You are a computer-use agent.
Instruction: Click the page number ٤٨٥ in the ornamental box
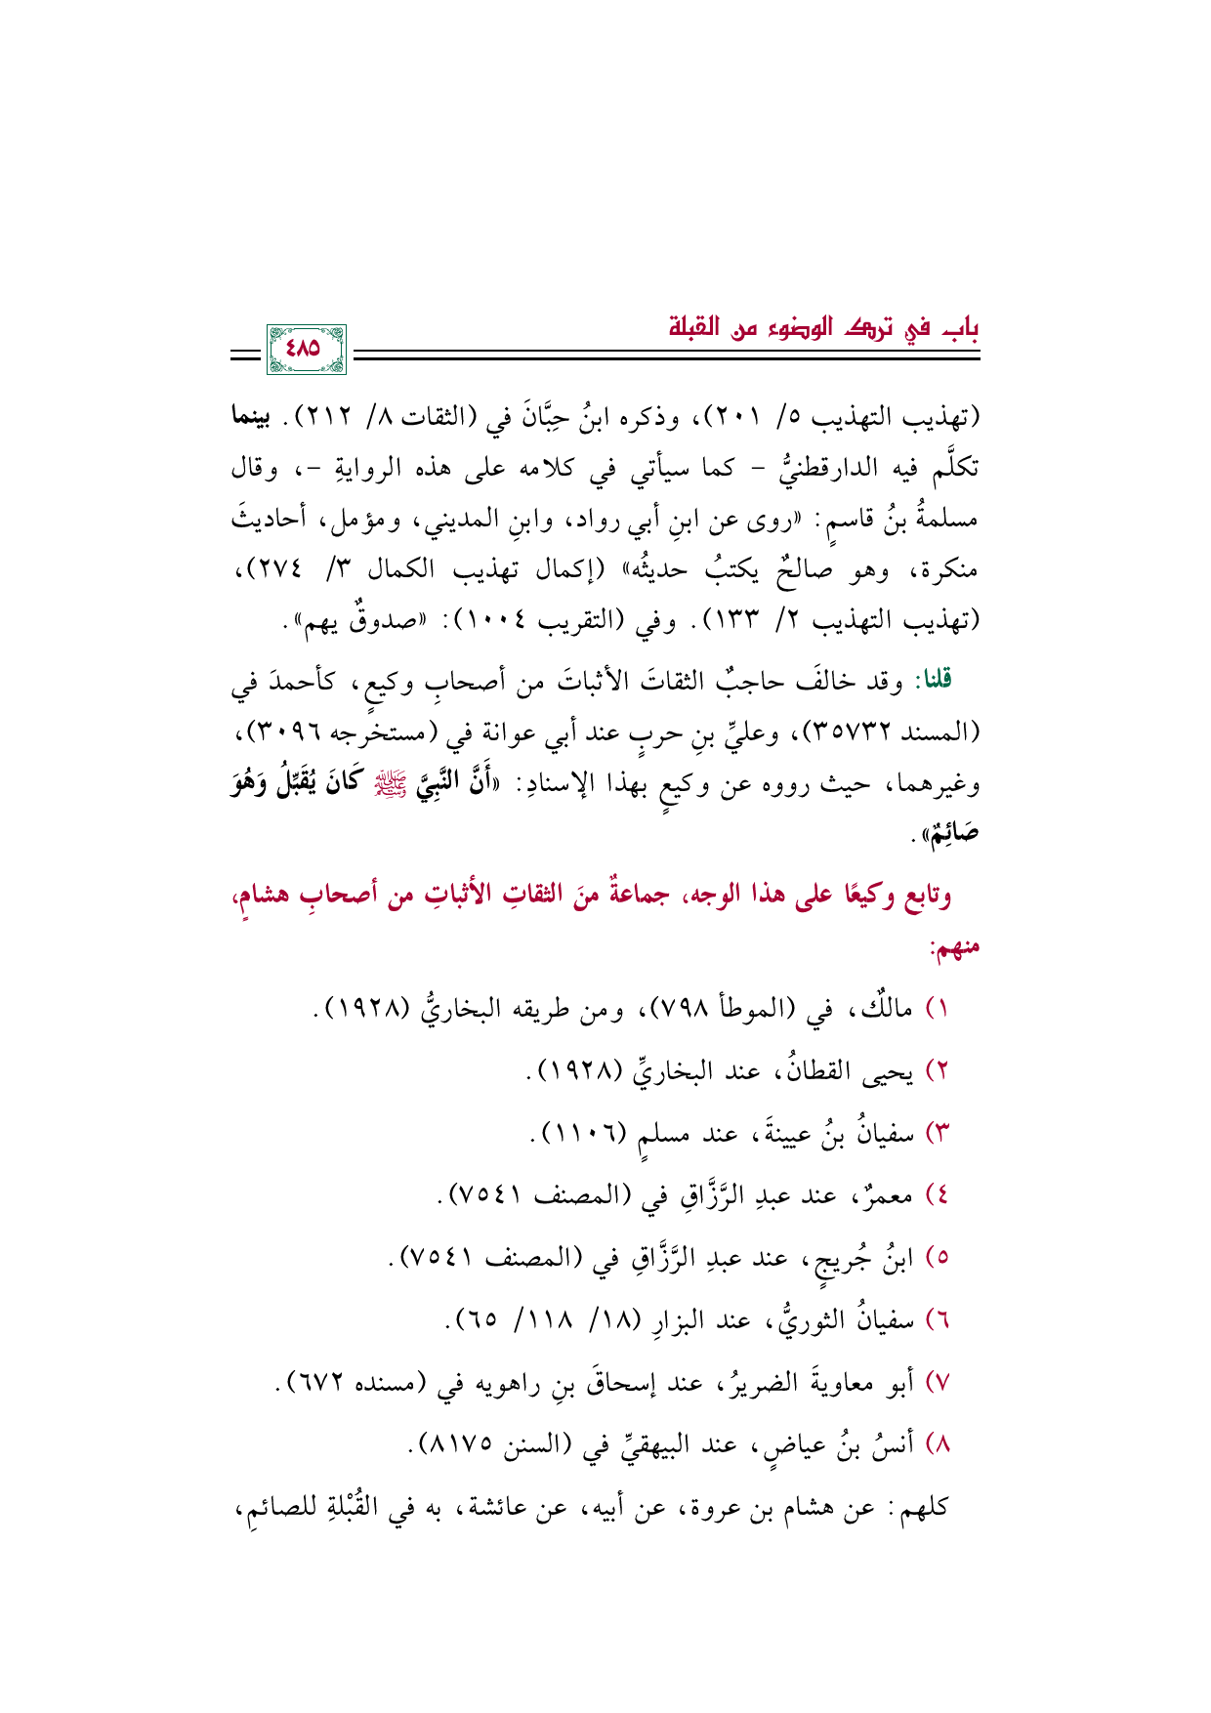coord(306,350)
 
